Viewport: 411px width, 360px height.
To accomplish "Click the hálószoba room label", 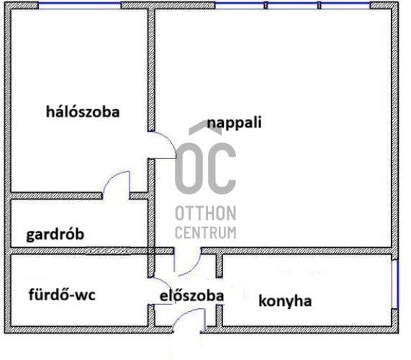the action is pyautogui.click(x=83, y=112).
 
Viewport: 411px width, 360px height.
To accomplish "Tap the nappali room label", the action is pyautogui.click(x=235, y=123).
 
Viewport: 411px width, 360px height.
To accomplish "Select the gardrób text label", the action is pyautogui.click(x=55, y=235).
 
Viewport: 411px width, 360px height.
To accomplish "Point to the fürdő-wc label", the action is pyautogui.click(x=62, y=294).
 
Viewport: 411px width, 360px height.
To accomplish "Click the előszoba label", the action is pyautogui.click(x=192, y=296).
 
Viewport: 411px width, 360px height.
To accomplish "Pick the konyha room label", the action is pyautogui.click(x=285, y=301).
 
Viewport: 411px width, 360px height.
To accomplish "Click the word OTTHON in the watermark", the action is pyautogui.click(x=206, y=213).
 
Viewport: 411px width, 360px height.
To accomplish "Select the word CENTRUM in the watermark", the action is pyautogui.click(x=206, y=233).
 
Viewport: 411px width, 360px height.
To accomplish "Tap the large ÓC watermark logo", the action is pyautogui.click(x=206, y=157).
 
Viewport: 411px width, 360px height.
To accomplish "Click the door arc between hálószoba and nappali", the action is pyautogui.click(x=168, y=140).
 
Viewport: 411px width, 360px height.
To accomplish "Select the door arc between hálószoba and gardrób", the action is pyautogui.click(x=111, y=178).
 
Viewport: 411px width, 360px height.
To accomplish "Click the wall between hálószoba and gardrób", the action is pyautogui.click(x=55, y=196).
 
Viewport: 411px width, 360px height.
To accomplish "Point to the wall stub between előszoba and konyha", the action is pyautogui.click(x=220, y=266).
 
